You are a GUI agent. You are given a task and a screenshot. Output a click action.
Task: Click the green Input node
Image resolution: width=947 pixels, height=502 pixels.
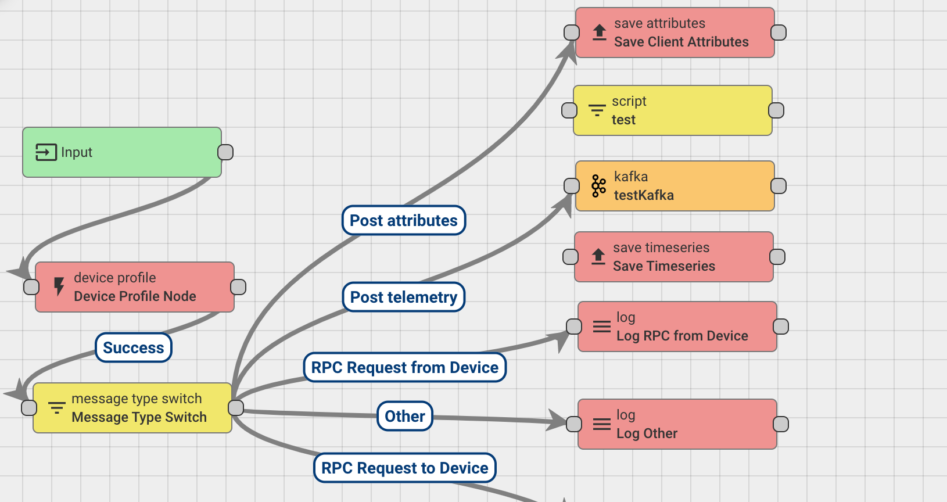(122, 152)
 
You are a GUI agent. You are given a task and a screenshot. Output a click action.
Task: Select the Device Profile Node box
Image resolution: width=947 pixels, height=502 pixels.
(135, 287)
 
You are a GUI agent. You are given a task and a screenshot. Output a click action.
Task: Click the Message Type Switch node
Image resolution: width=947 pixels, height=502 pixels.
(132, 408)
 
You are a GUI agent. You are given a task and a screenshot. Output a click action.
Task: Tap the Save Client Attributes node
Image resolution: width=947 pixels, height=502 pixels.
(675, 33)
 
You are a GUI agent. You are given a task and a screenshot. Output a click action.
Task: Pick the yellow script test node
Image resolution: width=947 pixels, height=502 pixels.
(673, 110)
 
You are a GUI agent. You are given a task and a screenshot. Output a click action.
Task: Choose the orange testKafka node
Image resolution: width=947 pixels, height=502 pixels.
(675, 186)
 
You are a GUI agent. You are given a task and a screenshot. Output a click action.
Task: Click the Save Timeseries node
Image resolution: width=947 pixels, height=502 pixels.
(674, 257)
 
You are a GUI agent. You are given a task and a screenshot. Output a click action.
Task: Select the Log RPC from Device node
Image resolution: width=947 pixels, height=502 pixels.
(677, 327)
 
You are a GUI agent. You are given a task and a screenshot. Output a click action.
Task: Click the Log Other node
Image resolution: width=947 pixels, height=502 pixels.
(677, 424)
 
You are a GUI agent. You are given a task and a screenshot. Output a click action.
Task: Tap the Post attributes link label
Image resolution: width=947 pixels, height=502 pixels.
(404, 221)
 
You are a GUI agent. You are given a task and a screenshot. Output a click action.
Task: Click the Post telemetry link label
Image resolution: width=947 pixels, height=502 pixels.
(404, 297)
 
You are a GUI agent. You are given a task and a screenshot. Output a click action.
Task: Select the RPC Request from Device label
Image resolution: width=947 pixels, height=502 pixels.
(405, 368)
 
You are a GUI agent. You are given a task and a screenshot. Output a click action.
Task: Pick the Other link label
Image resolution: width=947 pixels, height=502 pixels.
(405, 417)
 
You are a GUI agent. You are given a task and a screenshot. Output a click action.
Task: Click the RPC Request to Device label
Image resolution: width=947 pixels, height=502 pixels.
(405, 468)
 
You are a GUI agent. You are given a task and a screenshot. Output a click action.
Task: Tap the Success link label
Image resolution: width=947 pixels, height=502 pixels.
(134, 348)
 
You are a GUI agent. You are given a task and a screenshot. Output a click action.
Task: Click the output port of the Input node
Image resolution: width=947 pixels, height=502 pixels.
(225, 152)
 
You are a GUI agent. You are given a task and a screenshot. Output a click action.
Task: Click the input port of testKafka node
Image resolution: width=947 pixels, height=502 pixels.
(572, 186)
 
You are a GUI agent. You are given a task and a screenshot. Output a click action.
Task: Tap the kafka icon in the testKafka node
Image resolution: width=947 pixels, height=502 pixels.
(598, 186)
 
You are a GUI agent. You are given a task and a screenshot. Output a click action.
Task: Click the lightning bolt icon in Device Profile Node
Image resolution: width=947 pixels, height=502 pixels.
(59, 286)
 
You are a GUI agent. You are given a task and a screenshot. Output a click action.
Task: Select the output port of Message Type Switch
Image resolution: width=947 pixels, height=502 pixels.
(236, 408)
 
